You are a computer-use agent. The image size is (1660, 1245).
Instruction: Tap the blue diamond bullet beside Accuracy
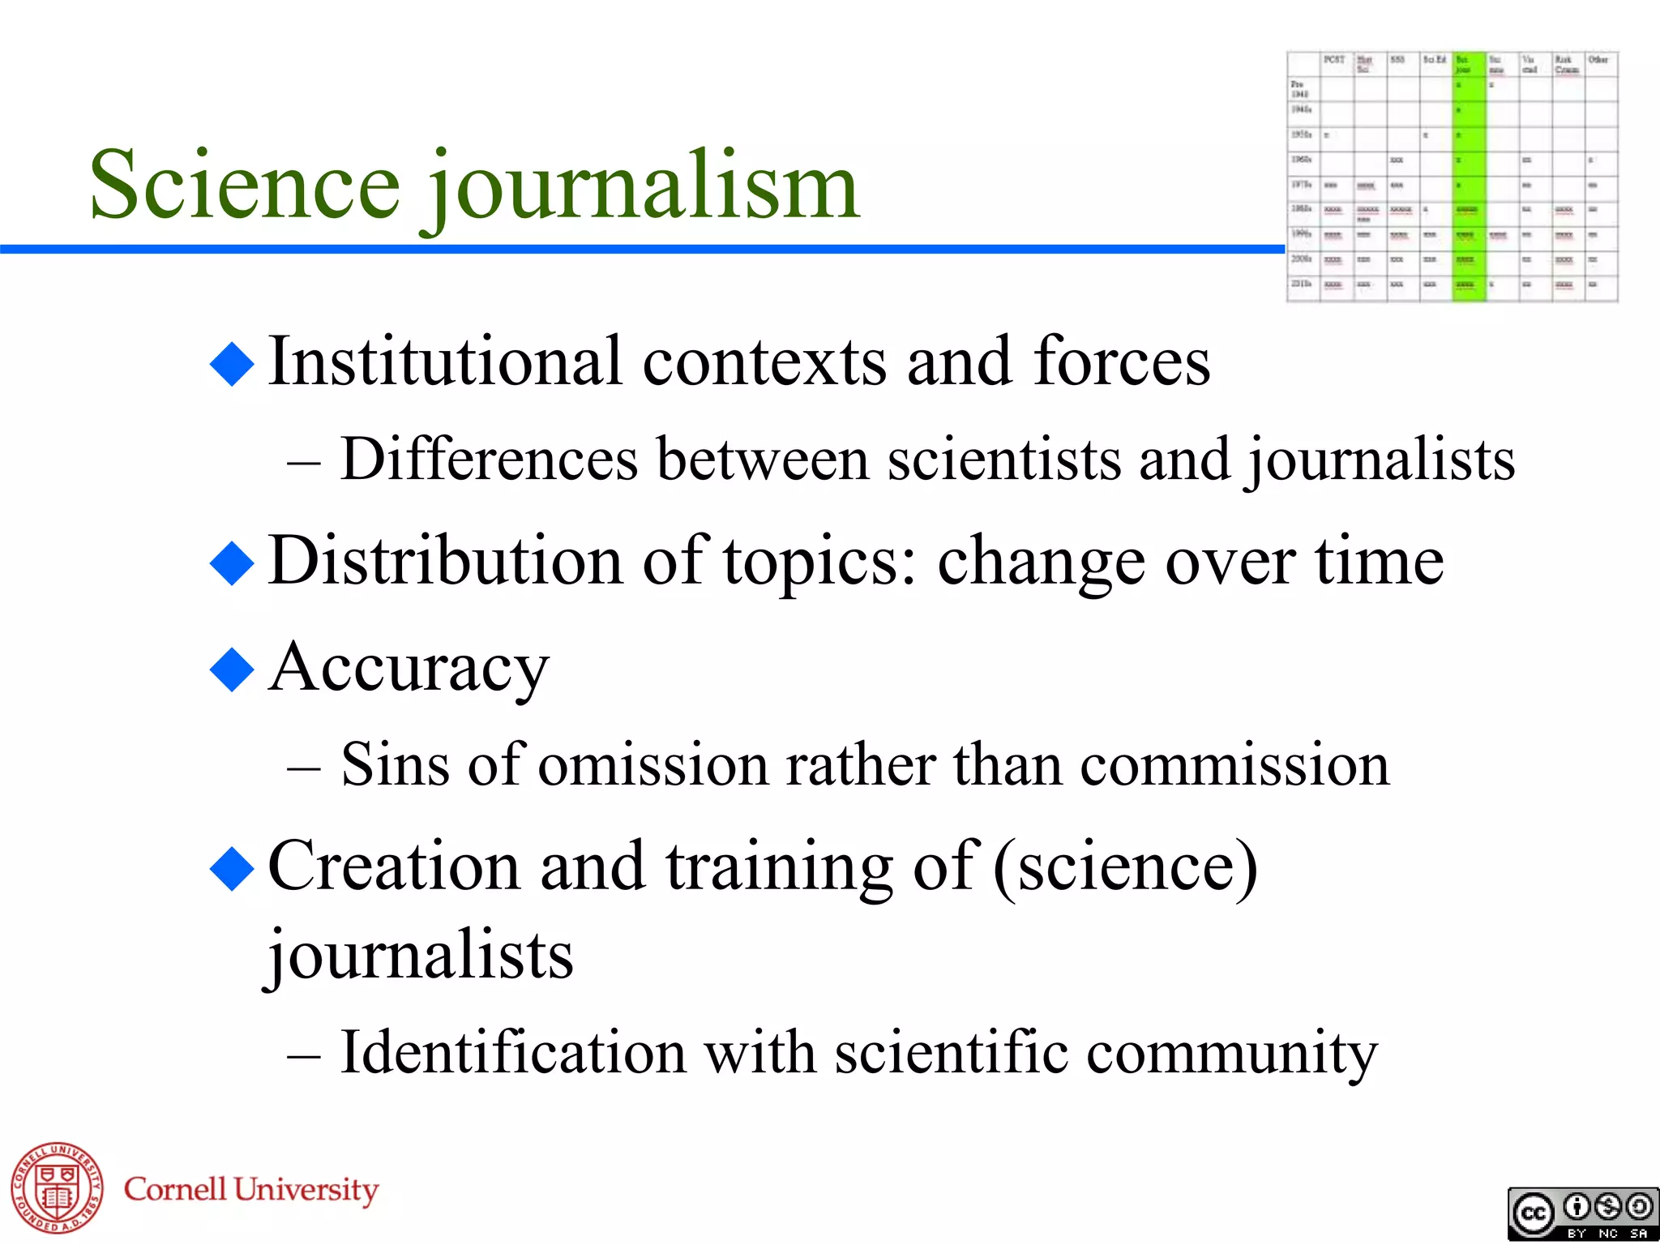tap(232, 670)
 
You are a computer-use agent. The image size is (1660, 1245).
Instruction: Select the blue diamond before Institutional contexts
tap(232, 364)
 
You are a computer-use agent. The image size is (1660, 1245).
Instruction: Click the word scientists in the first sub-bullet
tap(1003, 460)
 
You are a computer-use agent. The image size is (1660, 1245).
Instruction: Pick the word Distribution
tap(445, 561)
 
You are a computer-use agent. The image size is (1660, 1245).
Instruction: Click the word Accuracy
tap(409, 669)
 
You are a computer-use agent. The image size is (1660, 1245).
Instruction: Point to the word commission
tap(1234, 765)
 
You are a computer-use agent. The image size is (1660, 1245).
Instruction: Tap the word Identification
tap(513, 1052)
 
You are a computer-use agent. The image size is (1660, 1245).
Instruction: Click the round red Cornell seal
tap(57, 1187)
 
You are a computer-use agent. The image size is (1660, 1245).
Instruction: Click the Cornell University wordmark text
tap(251, 1189)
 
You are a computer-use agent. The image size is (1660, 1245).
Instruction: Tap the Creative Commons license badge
tap(1582, 1213)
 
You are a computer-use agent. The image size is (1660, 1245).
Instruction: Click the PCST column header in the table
tap(1334, 60)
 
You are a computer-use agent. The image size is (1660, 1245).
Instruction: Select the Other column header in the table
tap(1598, 60)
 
